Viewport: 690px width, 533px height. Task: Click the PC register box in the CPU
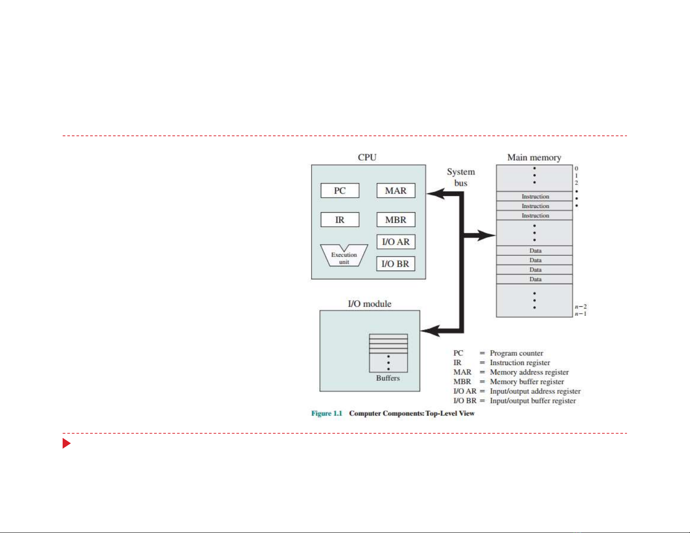(x=340, y=191)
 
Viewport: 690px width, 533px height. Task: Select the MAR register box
(x=396, y=191)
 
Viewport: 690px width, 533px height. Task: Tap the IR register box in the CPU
(x=340, y=220)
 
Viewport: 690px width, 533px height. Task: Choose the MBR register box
(x=396, y=220)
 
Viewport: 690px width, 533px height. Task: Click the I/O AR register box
(x=396, y=242)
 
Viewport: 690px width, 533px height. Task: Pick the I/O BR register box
(x=396, y=264)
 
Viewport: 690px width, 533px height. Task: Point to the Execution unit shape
(x=344, y=256)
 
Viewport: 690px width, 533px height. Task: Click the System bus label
(x=461, y=177)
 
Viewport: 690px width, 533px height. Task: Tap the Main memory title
(x=534, y=158)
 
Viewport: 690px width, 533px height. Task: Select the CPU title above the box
(x=367, y=158)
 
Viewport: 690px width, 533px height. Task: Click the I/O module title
(x=369, y=304)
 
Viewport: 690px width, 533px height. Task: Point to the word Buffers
(x=388, y=378)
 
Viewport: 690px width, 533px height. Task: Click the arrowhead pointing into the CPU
(x=434, y=194)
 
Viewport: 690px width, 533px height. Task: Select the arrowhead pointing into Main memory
(x=488, y=235)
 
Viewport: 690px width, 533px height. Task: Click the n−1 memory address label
(x=580, y=314)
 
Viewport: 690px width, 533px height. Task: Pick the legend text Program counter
(x=516, y=353)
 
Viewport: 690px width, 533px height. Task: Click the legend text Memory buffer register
(x=527, y=382)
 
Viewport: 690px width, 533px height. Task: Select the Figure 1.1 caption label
(x=326, y=413)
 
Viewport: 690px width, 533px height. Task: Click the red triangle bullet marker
(x=66, y=443)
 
